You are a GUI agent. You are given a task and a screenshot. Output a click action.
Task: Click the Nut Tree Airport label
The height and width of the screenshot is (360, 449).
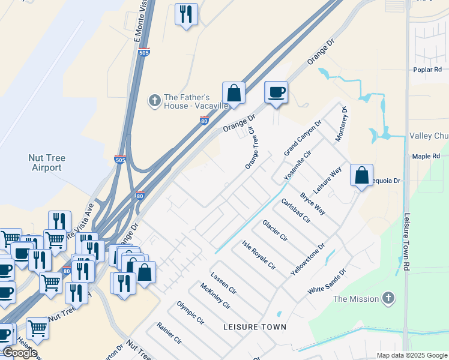click(x=47, y=163)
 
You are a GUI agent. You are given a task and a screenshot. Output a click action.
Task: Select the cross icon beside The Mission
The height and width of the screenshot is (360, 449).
click(x=388, y=298)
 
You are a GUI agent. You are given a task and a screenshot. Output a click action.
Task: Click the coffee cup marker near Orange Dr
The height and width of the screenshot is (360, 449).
click(x=276, y=92)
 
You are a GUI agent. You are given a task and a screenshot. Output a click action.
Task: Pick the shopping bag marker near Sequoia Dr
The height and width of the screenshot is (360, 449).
click(x=361, y=176)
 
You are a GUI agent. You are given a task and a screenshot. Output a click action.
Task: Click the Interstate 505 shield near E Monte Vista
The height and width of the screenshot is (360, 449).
click(x=143, y=53)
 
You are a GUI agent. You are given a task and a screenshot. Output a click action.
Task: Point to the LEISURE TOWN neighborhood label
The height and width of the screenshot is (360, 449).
click(x=255, y=327)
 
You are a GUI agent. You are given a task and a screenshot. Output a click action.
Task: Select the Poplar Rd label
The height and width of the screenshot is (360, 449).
click(x=427, y=70)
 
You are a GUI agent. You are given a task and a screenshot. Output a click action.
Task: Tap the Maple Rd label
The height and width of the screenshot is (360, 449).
click(x=426, y=156)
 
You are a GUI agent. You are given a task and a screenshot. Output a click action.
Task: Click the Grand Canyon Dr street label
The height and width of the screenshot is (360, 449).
click(x=303, y=138)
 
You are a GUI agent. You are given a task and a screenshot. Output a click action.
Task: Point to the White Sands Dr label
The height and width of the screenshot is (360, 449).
click(x=327, y=281)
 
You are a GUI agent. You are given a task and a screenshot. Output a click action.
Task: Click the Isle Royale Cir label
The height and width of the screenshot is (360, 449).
click(x=259, y=254)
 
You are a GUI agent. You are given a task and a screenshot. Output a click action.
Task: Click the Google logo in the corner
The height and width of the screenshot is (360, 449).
click(x=19, y=353)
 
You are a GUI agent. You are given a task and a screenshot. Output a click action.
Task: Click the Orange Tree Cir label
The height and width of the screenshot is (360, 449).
click(x=255, y=148)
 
